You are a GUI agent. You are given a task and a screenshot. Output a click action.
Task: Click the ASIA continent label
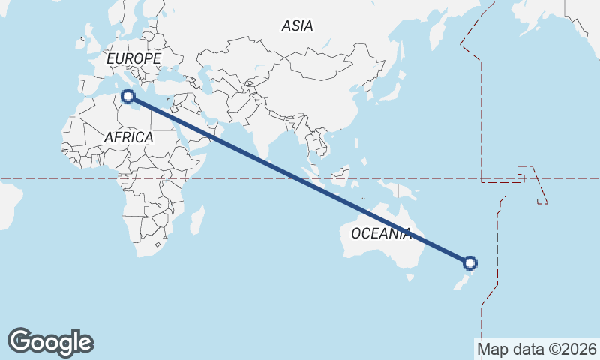tap(297, 26)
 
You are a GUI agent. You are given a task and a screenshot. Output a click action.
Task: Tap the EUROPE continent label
tap(133, 58)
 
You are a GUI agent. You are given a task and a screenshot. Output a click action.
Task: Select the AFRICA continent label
tap(128, 138)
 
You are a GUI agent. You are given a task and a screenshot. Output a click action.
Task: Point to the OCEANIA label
tap(381, 233)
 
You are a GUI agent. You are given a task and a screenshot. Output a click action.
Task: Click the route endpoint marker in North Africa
tap(127, 95)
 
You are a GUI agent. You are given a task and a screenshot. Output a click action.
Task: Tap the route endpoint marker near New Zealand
tap(470, 262)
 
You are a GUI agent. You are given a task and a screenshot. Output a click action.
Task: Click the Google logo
tap(50, 342)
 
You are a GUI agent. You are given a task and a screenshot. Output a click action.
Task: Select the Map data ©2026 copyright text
tap(537, 349)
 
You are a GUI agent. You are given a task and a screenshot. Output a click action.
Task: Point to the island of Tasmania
tap(409, 277)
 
